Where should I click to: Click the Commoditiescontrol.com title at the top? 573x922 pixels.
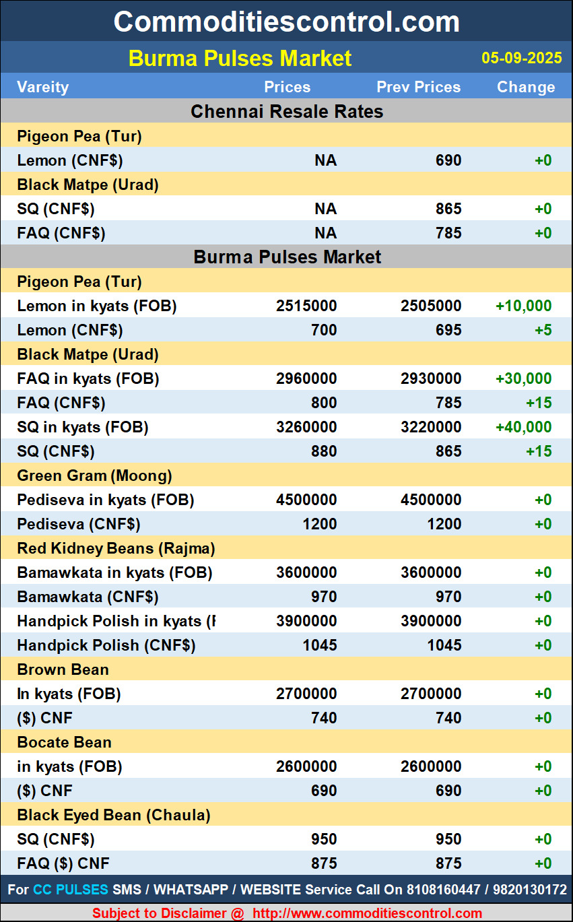point(286,22)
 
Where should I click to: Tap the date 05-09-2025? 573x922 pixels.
point(521,58)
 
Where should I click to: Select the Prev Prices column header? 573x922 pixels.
point(418,87)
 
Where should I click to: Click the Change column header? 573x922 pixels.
point(526,87)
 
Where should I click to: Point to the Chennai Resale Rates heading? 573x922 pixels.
point(287,111)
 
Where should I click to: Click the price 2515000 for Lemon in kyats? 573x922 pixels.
point(306,306)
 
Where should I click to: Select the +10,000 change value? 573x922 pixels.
point(523,306)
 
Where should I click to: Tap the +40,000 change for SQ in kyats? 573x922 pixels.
point(523,427)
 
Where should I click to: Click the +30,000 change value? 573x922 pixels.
point(523,378)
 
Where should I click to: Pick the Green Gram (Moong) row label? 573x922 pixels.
point(94,475)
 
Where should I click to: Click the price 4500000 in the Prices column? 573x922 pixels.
point(306,500)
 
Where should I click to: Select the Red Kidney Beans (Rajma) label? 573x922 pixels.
point(116,548)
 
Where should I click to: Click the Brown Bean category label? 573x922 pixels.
point(63,669)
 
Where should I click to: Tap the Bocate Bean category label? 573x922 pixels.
point(64,742)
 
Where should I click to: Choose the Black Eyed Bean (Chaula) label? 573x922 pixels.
point(113,815)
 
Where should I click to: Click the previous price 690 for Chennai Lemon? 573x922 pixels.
point(448,160)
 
